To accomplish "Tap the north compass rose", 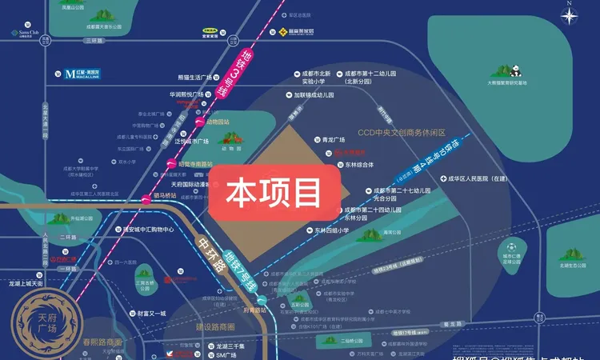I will pyautogui.click(x=570, y=15).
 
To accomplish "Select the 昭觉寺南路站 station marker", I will pyautogui.click(x=170, y=164).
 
